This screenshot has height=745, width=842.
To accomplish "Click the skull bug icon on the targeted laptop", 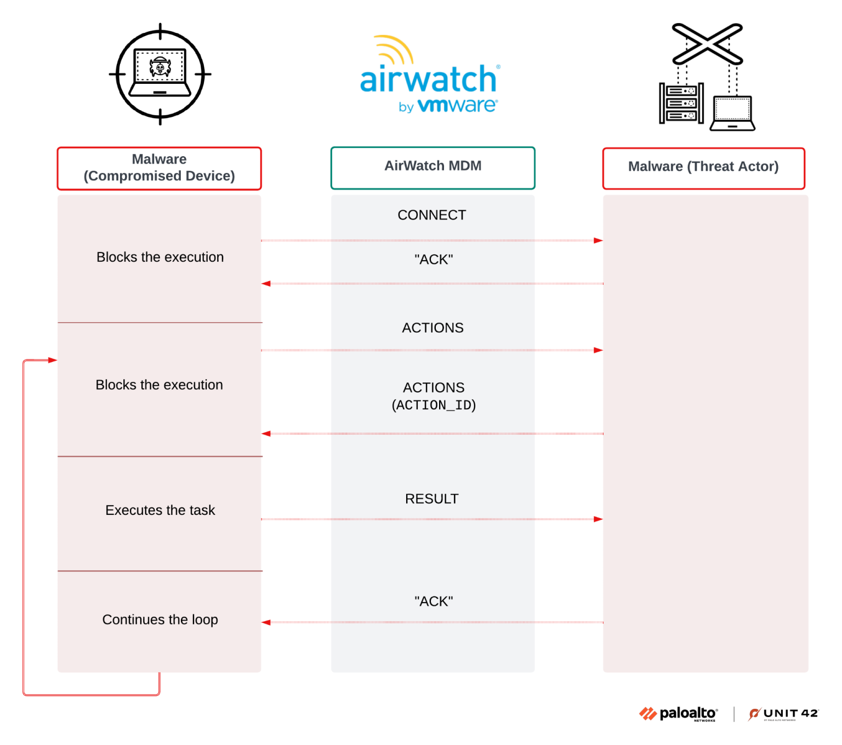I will point(160,68).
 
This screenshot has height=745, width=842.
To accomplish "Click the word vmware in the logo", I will point(457,105).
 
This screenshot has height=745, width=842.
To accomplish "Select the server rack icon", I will point(681,103).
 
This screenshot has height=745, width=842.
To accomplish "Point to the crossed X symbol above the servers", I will point(707,44).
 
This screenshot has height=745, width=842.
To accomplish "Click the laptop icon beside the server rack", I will point(732,113).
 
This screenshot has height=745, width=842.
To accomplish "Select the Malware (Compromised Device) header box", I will point(159,168).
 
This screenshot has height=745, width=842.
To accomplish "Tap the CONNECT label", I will point(432,215).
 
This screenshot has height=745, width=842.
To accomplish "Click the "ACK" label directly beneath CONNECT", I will point(434,260).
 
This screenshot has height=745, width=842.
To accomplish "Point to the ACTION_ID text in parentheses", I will point(434,405).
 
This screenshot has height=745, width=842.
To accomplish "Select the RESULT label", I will point(432,499).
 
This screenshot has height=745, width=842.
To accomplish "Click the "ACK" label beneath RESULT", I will point(434,601).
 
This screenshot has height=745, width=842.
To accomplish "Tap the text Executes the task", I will point(160,511).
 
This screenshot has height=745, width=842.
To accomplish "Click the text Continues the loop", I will point(160,620).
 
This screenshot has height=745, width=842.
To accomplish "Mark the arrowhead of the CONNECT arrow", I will point(598,240).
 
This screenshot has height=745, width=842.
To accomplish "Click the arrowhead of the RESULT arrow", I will point(598,519).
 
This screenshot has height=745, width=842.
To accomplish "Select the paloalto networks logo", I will point(679,714).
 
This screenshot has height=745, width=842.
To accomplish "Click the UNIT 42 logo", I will point(784,714).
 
